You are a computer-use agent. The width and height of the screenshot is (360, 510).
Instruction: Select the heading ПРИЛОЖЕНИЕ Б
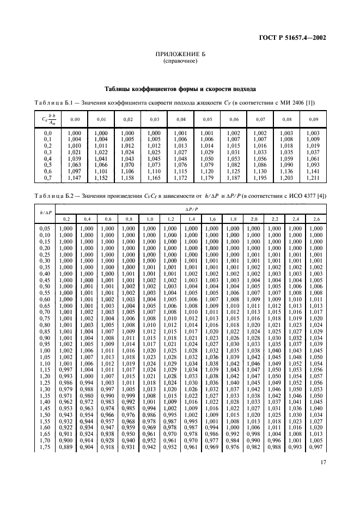coord(180,55)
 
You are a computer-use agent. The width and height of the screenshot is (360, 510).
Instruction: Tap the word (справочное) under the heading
coord(180,62)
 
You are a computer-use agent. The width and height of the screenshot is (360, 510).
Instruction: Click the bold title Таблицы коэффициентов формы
coord(180,88)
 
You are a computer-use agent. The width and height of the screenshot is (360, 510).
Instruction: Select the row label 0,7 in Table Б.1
coord(48,179)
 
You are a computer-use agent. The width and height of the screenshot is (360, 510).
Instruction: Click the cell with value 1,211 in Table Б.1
coord(313,179)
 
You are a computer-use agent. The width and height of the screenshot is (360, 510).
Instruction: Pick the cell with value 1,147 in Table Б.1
coord(75,179)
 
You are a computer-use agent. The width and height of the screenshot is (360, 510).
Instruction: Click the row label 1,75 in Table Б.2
coord(46,448)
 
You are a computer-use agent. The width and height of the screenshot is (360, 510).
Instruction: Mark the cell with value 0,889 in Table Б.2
coord(65,448)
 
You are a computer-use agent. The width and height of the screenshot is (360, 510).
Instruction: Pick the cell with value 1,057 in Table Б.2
coord(316,377)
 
